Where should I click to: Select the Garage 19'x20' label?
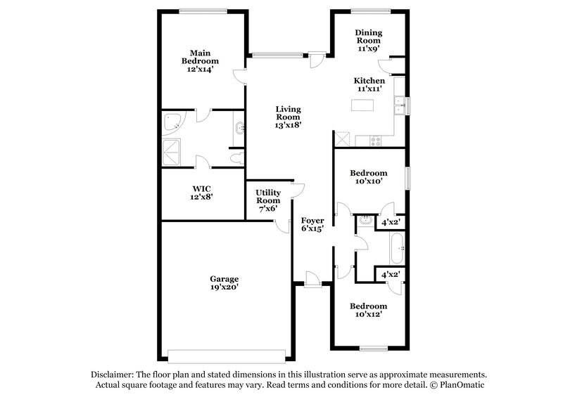223,283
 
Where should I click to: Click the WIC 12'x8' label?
202,193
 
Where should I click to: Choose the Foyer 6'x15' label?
312,224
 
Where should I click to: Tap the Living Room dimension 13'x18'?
288,124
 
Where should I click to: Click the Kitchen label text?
369,81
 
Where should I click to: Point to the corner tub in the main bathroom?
172,124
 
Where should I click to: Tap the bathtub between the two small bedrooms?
396,248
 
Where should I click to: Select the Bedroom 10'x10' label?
369,177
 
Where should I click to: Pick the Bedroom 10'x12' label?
369,311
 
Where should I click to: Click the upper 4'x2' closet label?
391,223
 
